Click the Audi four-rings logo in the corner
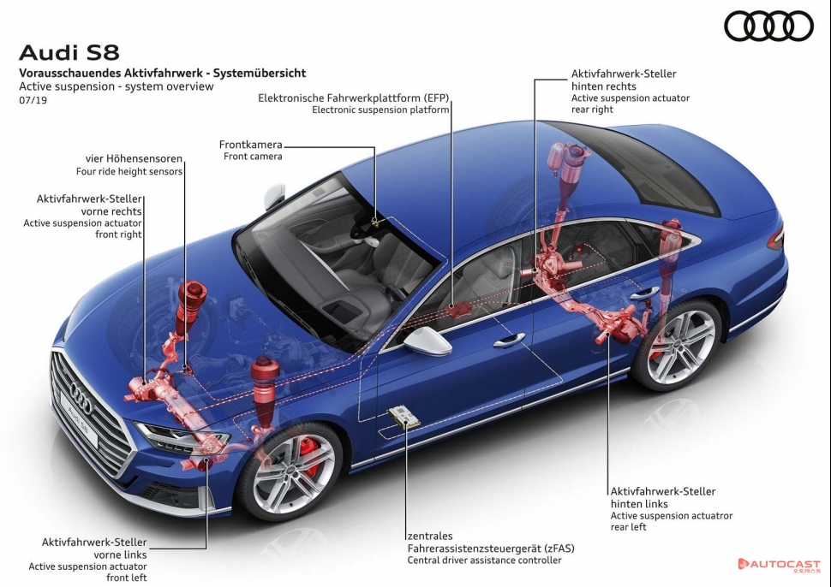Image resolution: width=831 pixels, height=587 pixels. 768,26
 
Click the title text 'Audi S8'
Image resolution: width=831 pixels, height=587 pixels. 69,53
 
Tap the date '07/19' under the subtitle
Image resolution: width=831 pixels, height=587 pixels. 32,100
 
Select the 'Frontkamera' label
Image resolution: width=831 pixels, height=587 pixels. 250,145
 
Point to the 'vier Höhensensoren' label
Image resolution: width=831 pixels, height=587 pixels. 134,158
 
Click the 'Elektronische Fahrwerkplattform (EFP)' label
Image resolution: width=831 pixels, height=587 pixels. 354,98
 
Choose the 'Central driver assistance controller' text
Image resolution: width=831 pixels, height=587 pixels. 484,560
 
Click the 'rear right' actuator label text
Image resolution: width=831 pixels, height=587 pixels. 592,110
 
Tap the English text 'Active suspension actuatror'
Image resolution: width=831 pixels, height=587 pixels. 671,516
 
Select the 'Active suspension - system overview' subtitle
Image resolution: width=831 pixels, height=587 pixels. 117,86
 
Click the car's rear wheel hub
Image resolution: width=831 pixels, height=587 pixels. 682,346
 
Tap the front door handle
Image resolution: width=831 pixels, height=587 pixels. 508,340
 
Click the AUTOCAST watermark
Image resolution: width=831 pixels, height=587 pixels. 779,565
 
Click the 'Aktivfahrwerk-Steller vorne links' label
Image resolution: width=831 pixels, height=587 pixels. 94,548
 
